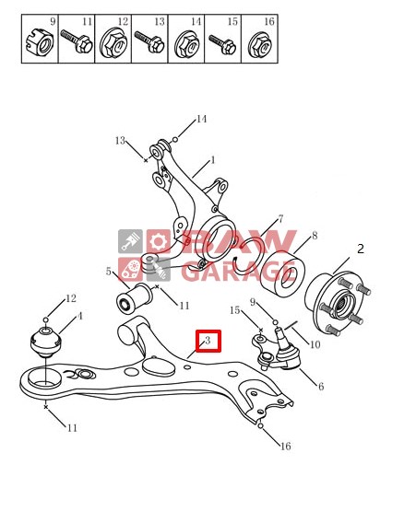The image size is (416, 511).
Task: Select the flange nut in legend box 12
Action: [x=113, y=44]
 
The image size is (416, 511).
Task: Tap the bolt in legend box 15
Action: [x=222, y=44]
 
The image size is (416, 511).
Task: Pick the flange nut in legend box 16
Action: [x=259, y=44]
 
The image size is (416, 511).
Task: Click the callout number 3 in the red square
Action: [x=208, y=341]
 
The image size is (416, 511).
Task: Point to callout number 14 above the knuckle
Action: [x=201, y=119]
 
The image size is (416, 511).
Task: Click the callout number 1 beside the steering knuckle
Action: [x=213, y=160]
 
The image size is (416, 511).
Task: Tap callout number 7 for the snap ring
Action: [x=280, y=219]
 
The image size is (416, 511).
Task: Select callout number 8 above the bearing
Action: [x=315, y=236]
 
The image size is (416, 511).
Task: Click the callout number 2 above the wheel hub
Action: [x=360, y=249]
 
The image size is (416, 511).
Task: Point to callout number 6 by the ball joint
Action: [x=321, y=386]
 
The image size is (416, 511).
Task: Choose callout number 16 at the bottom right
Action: [x=285, y=447]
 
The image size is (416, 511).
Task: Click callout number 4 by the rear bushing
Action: [x=79, y=316]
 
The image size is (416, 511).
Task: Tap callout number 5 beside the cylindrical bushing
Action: [x=109, y=271]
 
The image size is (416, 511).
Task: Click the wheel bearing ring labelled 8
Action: [x=284, y=274]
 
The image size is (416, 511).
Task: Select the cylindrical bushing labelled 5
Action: [x=134, y=297]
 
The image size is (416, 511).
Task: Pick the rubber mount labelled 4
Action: [x=46, y=342]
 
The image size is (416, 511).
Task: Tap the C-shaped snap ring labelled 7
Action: [x=249, y=255]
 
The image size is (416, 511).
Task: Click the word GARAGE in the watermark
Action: [x=238, y=270]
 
